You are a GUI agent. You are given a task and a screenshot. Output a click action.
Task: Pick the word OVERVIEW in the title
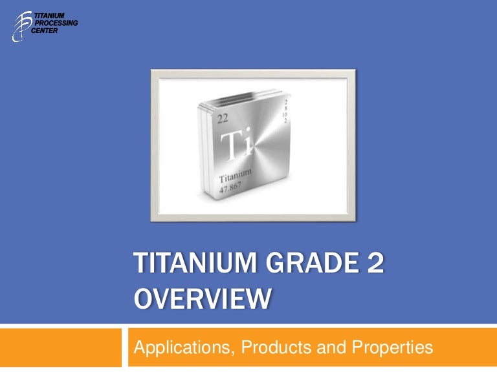coord(203,301)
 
